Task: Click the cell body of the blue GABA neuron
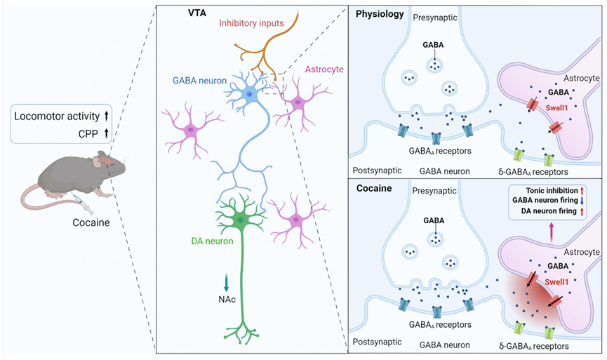coord(248,91)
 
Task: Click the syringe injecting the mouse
coord(84,204)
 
